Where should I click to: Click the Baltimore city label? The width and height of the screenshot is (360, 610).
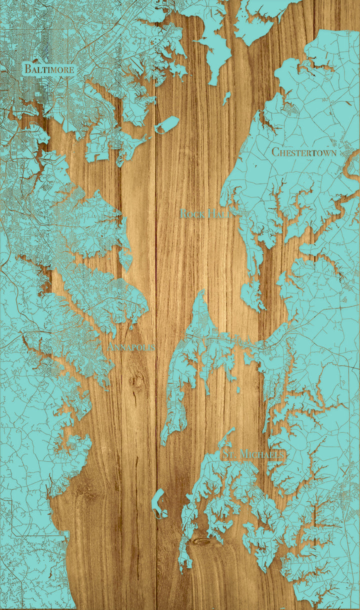coord(49,69)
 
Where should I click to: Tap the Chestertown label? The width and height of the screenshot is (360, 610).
coord(303,152)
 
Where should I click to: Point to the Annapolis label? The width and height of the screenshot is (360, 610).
coord(131,346)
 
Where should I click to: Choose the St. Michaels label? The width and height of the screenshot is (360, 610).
coord(253,454)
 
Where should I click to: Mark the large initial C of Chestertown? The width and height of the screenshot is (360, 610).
coord(275,152)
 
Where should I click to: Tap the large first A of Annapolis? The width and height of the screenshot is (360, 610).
coord(111,346)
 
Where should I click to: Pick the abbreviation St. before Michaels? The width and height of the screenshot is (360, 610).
coord(229,454)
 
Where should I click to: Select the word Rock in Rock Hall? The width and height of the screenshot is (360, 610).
coord(191,214)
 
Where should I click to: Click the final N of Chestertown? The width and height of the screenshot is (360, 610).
coord(333,152)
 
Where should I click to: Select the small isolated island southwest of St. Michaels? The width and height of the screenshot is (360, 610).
coord(159,502)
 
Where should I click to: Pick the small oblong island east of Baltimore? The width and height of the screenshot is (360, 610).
coord(167,125)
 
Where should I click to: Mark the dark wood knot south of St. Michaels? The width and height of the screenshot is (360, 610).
coord(203,541)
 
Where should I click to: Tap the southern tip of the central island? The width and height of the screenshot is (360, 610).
coord(162,442)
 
